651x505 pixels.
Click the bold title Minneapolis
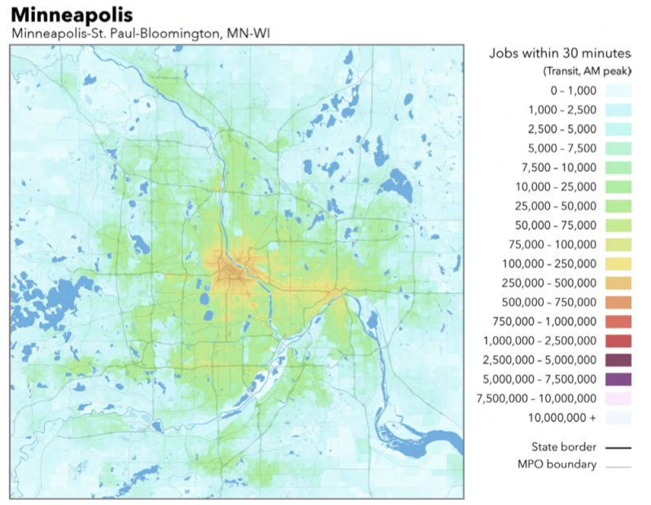[72, 15]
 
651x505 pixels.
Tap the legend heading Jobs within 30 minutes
[560, 54]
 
